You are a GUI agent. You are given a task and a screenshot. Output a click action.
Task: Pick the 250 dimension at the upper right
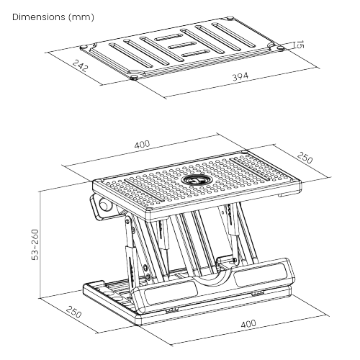pyautogui.click(x=305, y=158)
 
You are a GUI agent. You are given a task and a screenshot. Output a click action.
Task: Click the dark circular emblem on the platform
pyautogui.click(x=195, y=179)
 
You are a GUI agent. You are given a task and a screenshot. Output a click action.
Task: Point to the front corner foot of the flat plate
pyautogui.click(x=135, y=76)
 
